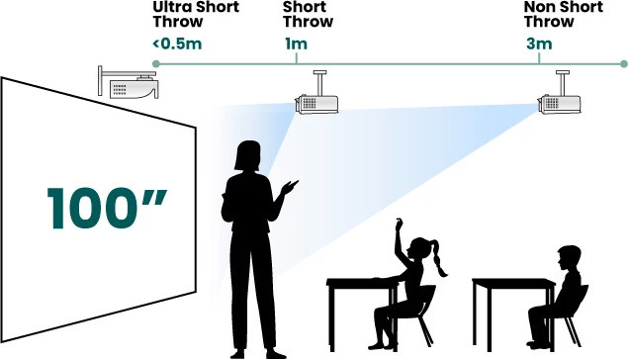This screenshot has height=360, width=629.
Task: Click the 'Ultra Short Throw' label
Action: (x=196, y=15)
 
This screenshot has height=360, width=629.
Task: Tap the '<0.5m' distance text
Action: (x=177, y=44)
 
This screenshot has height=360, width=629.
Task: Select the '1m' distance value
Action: (x=296, y=44)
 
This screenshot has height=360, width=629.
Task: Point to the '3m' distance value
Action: (x=539, y=44)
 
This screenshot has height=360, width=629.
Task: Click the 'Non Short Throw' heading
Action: (x=563, y=15)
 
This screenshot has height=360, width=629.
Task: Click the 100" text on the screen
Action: (x=107, y=208)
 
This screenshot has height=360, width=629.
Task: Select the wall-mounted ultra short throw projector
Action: (x=129, y=82)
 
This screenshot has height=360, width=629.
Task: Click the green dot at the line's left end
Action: (x=156, y=64)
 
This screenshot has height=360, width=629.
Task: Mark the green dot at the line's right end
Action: (x=623, y=64)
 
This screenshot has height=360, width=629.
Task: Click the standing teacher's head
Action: (x=247, y=155)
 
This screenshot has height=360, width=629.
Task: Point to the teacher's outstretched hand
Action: (x=290, y=187)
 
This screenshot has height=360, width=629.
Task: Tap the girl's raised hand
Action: (x=399, y=224)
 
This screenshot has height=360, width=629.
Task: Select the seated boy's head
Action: (x=569, y=258)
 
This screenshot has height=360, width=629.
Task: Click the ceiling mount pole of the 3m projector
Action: (x=562, y=83)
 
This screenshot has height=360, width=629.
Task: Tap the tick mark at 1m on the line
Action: (x=297, y=58)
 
